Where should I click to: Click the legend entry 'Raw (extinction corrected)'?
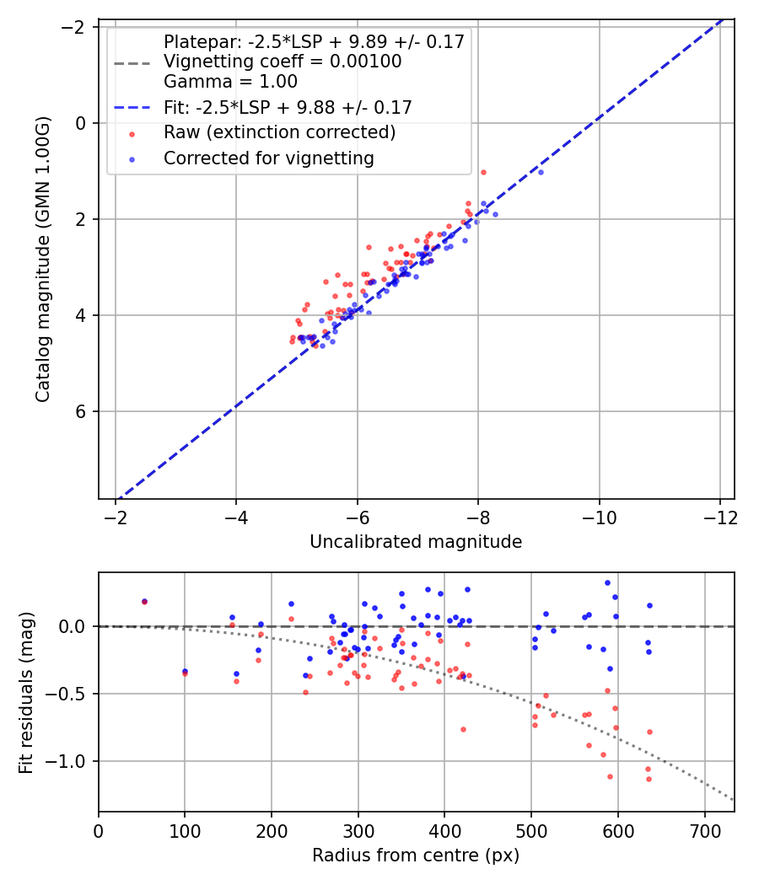pyautogui.click(x=279, y=132)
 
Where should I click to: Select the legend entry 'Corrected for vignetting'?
pyautogui.click(x=269, y=158)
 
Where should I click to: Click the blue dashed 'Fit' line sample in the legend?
pyautogui.click(x=132, y=107)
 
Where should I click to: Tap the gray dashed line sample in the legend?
pyautogui.click(x=132, y=63)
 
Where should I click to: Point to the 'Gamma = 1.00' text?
pyautogui.click(x=230, y=81)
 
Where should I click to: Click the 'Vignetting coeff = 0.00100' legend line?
pyautogui.click(x=283, y=61)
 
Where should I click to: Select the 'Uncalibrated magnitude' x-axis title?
pyautogui.click(x=417, y=542)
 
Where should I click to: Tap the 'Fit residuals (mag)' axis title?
pyautogui.click(x=26, y=693)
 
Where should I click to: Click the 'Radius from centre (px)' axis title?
pyautogui.click(x=416, y=855)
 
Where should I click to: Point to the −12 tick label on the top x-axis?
pyautogui.click(x=720, y=518)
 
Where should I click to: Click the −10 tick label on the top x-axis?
pyautogui.click(x=599, y=518)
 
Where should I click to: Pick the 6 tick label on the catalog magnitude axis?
pyautogui.click(x=81, y=412)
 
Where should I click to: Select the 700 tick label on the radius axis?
pyautogui.click(x=705, y=831)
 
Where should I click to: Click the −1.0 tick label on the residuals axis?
pyautogui.click(x=65, y=761)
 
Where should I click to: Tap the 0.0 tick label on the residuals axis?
pyautogui.click(x=73, y=626)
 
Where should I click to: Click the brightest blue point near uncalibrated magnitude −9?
pyautogui.click(x=541, y=172)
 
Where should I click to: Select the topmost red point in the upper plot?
pyautogui.click(x=483, y=172)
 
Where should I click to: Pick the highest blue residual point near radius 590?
pyautogui.click(x=608, y=583)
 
